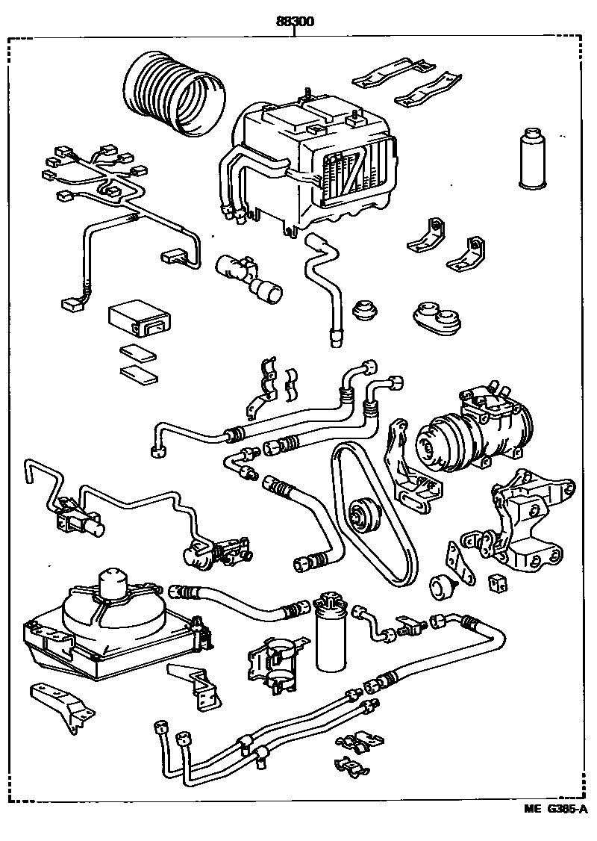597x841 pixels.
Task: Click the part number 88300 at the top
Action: (294, 22)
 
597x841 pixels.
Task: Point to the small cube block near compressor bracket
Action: (496, 582)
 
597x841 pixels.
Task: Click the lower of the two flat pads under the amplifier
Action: (140, 374)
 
